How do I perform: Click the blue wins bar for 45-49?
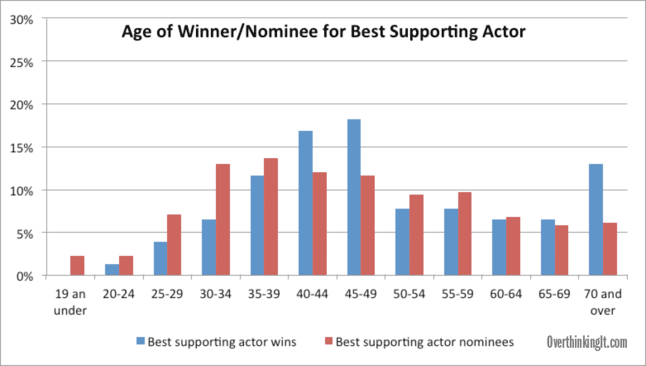pyautogui.click(x=354, y=197)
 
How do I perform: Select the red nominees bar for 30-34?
pyautogui.click(x=223, y=219)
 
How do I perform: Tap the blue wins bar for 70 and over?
pyautogui.click(x=596, y=219)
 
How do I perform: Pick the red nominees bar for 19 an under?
pyautogui.click(x=78, y=265)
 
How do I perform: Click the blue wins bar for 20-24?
pyautogui.click(x=112, y=269)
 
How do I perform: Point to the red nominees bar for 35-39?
pyautogui.click(x=271, y=217)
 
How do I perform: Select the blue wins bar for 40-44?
pyautogui.click(x=306, y=203)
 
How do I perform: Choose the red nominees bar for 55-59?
pyautogui.click(x=465, y=234)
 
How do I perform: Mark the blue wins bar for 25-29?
pyautogui.click(x=160, y=258)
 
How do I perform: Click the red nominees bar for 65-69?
pyautogui.click(x=562, y=250)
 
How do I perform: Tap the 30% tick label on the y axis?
pyautogui.click(x=22, y=19)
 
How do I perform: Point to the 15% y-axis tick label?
pyautogui.click(x=22, y=147)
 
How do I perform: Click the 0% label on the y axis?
pyautogui.click(x=25, y=276)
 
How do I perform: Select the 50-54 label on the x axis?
pyautogui.click(x=409, y=294)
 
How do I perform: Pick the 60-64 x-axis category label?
pyautogui.click(x=506, y=294)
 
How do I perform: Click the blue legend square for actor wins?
pyautogui.click(x=141, y=341)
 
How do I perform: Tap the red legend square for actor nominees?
pyautogui.click(x=328, y=341)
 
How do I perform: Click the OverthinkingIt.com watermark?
pyautogui.click(x=587, y=342)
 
